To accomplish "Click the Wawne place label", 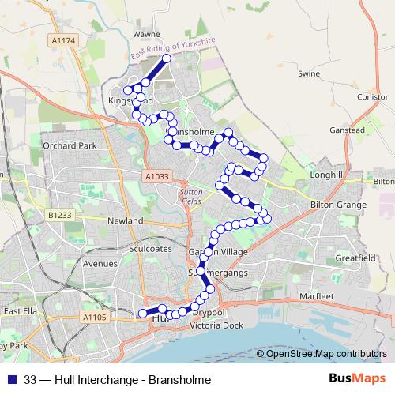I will click(x=145, y=35).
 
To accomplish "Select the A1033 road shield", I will click(x=156, y=178).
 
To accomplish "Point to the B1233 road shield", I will click(x=59, y=214).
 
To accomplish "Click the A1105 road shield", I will click(x=94, y=317).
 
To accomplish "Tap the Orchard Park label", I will click(x=70, y=146).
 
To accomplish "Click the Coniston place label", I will click(x=374, y=97).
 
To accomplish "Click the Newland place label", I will click(x=125, y=220).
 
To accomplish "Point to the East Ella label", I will click(x=21, y=311).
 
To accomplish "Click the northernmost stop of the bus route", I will click(x=167, y=58).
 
